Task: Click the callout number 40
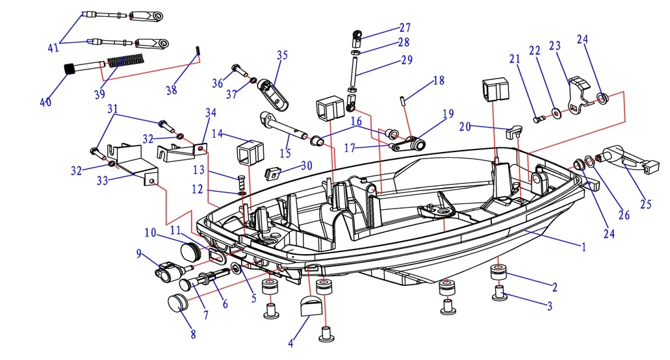tap(45, 102)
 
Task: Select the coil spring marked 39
tap(125, 61)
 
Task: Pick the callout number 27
tap(405, 27)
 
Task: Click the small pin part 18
tap(404, 100)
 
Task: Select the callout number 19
tap(447, 114)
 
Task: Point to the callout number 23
tap(554, 47)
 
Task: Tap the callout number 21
tap(515, 58)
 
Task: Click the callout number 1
tap(583, 247)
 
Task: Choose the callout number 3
tap(549, 306)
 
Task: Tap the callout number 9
tap(138, 254)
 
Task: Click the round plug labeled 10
tap(190, 251)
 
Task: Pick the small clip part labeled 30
tap(273, 173)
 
